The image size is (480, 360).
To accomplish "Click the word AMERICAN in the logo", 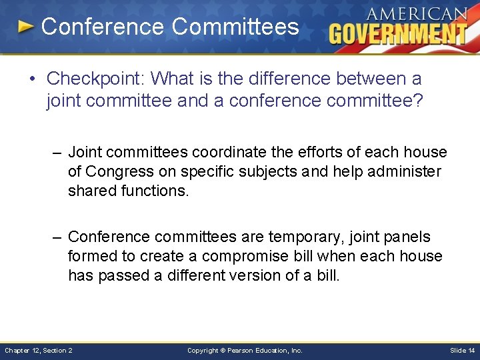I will [x=416, y=14].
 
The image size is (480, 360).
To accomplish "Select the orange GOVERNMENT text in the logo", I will [x=398, y=33].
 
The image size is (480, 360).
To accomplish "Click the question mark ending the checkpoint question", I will [x=418, y=101].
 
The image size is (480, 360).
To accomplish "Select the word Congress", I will [x=122, y=172].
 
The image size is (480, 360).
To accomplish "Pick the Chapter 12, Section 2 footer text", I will [x=39, y=350].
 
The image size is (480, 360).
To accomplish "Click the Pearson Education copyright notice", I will [x=245, y=350].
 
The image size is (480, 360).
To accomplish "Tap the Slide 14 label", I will [x=463, y=350].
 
